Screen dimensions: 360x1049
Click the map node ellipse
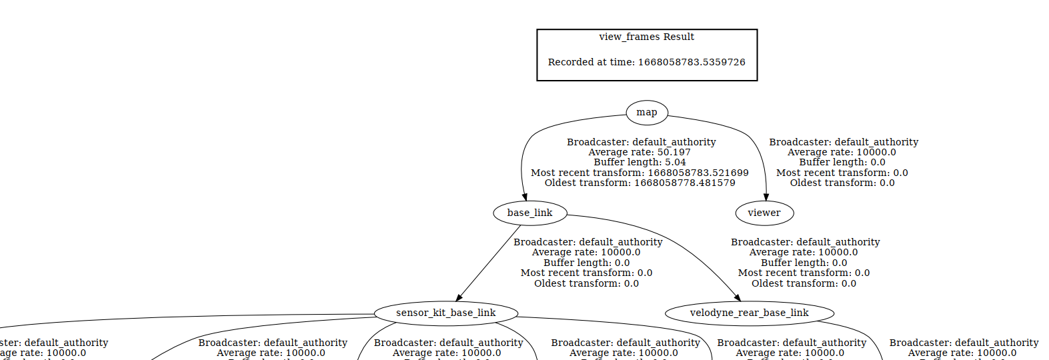click(646, 113)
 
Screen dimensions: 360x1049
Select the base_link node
click(530, 213)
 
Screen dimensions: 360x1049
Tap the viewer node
click(764, 213)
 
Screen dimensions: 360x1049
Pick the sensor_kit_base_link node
click(445, 313)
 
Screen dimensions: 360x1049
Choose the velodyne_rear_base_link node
click(749, 313)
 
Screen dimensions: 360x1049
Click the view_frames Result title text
click(646, 37)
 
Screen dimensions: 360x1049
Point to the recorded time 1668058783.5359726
click(692, 62)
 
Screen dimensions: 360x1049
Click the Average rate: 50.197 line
click(640, 153)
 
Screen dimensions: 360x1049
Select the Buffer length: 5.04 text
click(640, 163)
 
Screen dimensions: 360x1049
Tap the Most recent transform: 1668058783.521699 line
click(640, 173)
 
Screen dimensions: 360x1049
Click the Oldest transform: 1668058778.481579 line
click(640, 183)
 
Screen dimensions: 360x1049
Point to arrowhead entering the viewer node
click(766, 197)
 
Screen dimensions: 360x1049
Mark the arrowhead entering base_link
click(525, 197)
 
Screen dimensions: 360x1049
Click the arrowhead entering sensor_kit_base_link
click(459, 297)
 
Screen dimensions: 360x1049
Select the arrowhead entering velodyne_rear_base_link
click(737, 297)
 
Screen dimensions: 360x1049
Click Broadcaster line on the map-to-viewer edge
click(844, 143)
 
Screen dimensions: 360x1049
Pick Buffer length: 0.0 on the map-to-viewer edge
click(842, 163)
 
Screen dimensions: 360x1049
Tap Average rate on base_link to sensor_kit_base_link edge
click(586, 253)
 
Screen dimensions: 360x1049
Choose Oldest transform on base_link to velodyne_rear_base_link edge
click(804, 284)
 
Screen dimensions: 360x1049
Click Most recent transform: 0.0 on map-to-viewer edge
click(842, 173)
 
